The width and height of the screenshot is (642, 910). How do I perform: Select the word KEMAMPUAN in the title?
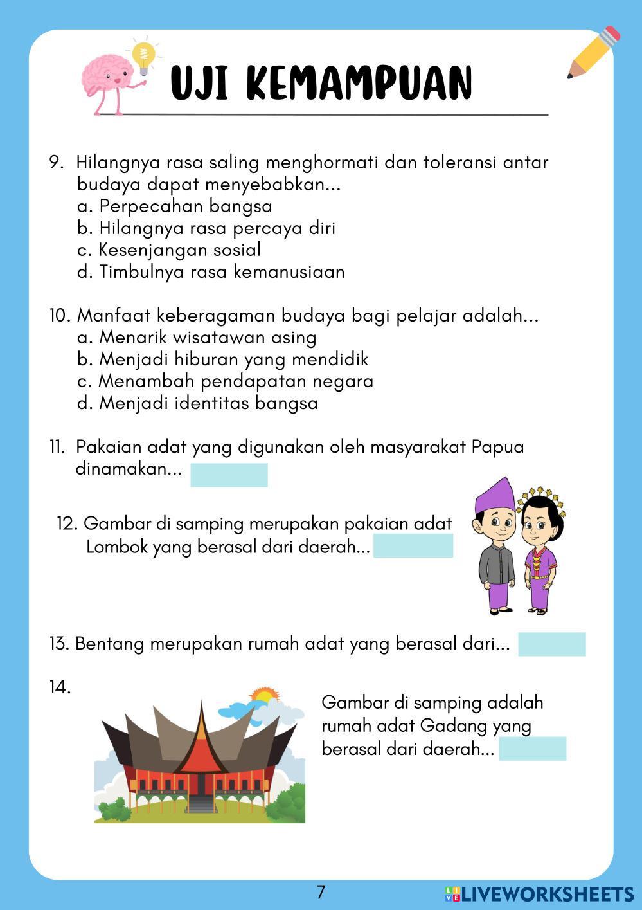click(360, 84)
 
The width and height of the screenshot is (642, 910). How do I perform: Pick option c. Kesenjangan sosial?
click(168, 250)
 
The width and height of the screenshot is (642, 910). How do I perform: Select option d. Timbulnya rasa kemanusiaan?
click(211, 272)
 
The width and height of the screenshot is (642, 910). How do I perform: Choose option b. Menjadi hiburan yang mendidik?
click(222, 359)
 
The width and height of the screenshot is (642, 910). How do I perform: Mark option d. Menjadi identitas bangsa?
click(197, 403)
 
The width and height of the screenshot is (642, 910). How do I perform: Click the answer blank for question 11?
click(229, 475)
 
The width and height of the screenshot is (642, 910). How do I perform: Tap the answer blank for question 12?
click(413, 546)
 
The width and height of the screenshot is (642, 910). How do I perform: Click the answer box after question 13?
click(551, 644)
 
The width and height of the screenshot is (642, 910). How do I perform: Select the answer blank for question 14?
click(532, 749)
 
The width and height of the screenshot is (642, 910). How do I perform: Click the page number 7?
click(321, 892)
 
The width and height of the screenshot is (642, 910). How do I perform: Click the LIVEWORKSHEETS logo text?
click(547, 894)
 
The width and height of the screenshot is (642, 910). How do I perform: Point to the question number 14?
click(60, 687)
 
